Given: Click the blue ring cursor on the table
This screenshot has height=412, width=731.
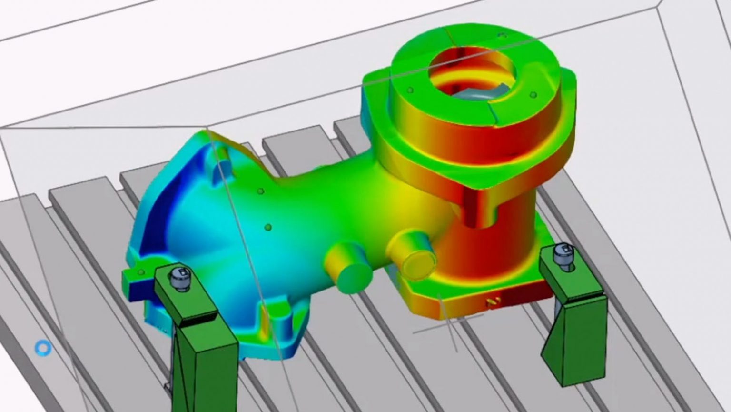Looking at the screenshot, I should point(43,348).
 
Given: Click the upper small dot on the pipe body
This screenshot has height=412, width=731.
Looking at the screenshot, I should point(260,191).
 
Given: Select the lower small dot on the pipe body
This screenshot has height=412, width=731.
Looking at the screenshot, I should point(268,228).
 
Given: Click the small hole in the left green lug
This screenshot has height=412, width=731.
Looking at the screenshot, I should point(141,272).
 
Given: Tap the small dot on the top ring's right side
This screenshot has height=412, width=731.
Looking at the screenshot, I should point(533,95).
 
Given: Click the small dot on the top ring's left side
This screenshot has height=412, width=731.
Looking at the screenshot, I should point(410,90).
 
